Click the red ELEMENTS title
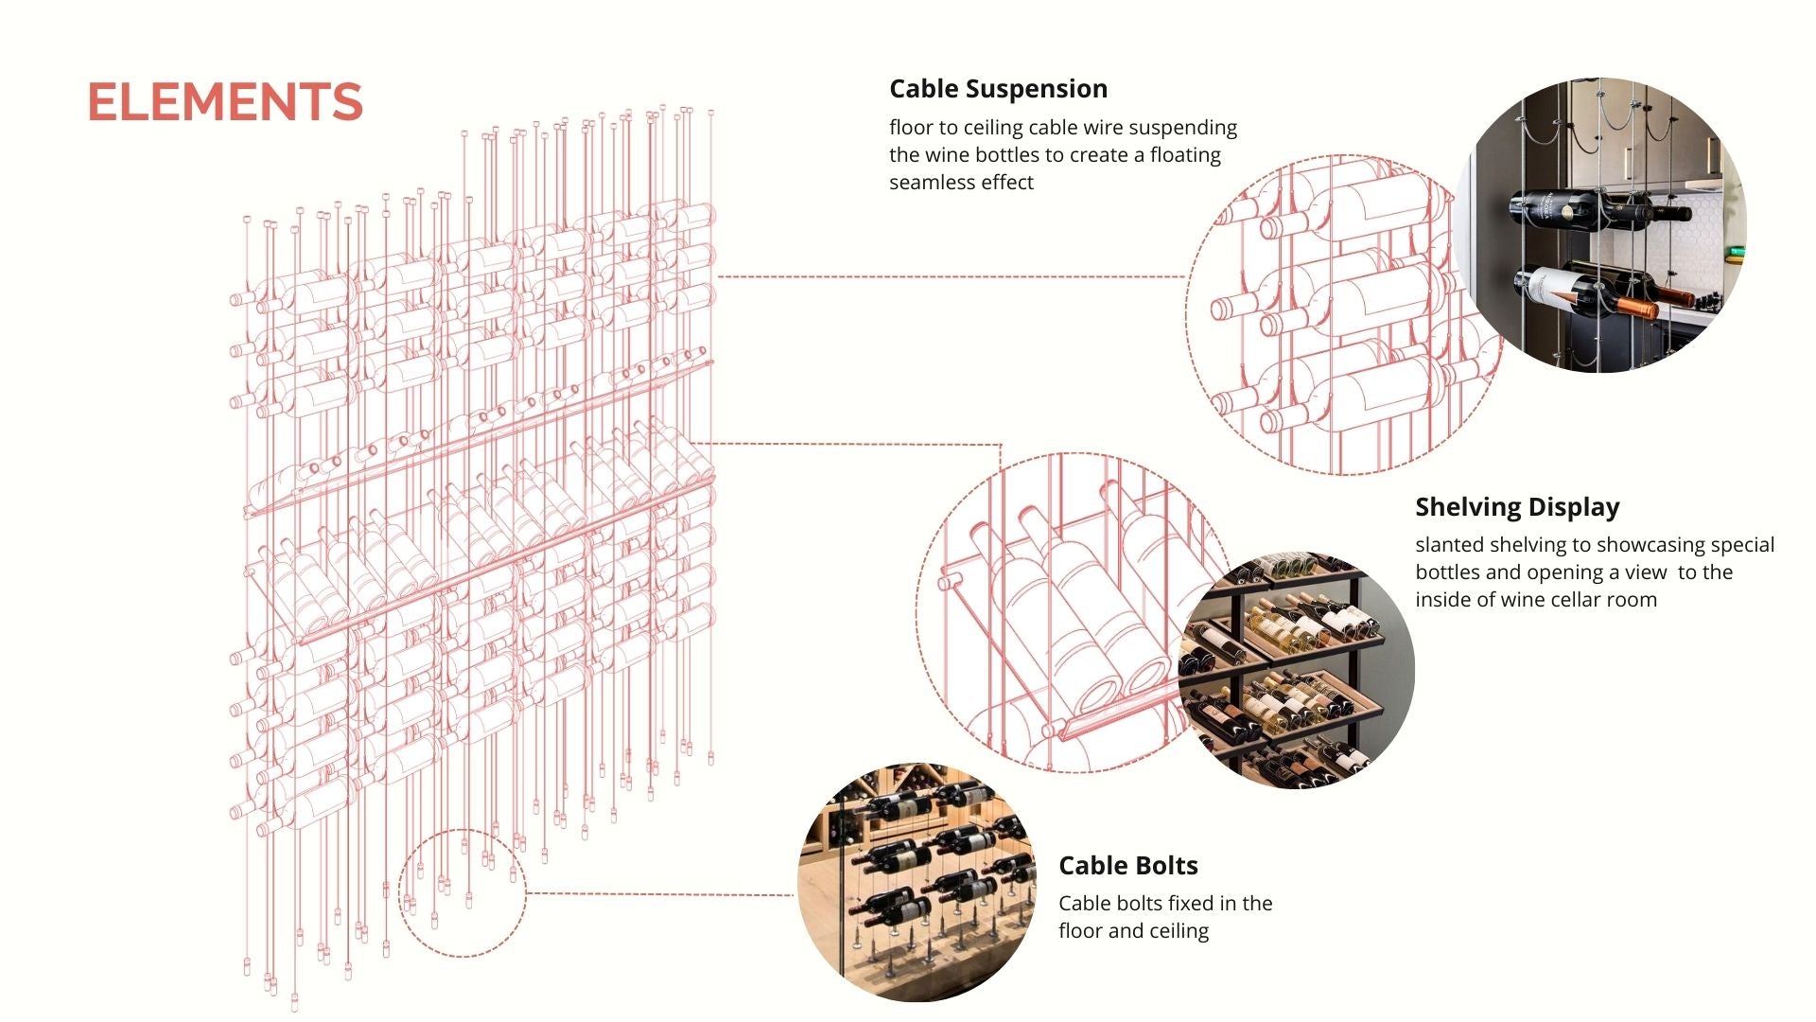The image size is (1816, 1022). point(225,102)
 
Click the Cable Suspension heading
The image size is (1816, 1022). point(998,89)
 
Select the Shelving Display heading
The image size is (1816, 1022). point(1517,507)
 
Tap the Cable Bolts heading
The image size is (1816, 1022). point(1127,866)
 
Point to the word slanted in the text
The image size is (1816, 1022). point(1447,545)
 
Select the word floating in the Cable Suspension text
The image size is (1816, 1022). point(1185,155)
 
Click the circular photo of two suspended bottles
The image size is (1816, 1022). point(1603,227)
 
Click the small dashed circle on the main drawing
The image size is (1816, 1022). point(462,893)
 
